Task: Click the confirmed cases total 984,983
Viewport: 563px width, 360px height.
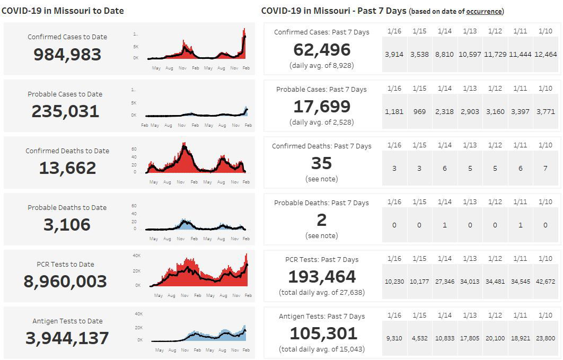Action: [67, 54]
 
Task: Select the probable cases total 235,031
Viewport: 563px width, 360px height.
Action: [65, 111]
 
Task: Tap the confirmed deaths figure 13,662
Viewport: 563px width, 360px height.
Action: [67, 168]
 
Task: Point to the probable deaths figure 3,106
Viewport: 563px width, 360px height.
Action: [67, 224]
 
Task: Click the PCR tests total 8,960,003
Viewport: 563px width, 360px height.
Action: [65, 281]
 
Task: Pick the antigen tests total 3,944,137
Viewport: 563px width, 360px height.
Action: [67, 338]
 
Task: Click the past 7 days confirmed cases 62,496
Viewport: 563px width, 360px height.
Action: [322, 50]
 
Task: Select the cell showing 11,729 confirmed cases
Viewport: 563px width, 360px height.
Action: [495, 54]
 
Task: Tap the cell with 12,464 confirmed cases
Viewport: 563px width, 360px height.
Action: [546, 54]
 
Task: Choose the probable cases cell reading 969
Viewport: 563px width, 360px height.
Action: [419, 111]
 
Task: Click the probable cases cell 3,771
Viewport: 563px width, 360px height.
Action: [546, 111]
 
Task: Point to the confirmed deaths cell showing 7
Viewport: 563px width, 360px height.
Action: [546, 168]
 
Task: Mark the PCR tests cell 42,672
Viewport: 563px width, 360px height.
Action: [546, 282]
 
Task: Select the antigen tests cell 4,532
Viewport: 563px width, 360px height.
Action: [419, 338]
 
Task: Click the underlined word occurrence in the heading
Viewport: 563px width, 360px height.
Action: [484, 11]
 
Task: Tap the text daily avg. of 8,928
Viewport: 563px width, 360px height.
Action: [322, 66]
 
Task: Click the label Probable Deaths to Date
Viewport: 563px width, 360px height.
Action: [67, 207]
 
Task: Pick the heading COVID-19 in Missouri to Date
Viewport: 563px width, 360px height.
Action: [63, 11]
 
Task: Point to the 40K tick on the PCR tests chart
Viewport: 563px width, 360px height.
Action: [136, 256]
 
